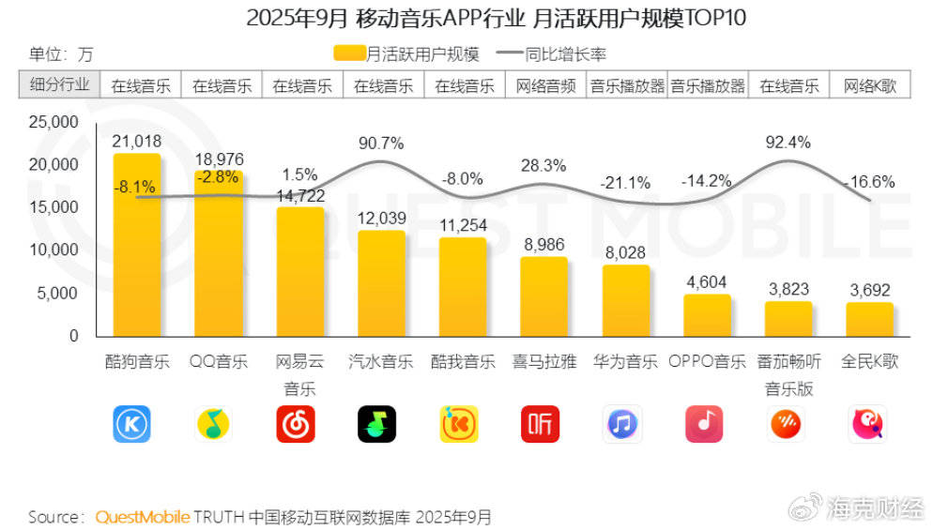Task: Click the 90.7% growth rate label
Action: click(x=381, y=144)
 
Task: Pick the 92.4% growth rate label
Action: click(x=788, y=143)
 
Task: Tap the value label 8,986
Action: click(x=544, y=245)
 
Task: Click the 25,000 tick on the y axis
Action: click(x=54, y=122)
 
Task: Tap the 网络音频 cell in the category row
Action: click(x=544, y=85)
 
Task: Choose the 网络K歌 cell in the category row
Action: click(x=870, y=85)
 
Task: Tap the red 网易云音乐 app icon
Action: click(x=300, y=424)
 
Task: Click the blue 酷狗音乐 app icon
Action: click(x=132, y=424)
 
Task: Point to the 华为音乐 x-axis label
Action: click(x=625, y=361)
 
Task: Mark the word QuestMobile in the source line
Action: click(x=143, y=517)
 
